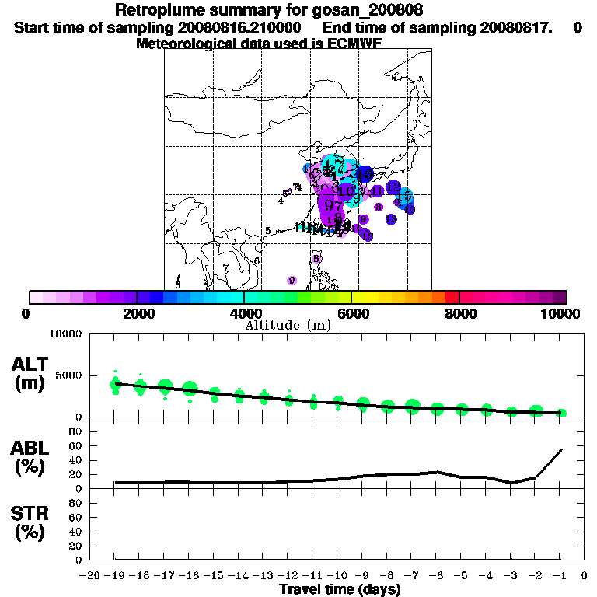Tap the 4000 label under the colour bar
(x=244, y=313)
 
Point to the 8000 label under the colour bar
(x=459, y=313)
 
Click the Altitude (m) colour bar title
(x=288, y=324)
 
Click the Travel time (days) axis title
(x=340, y=589)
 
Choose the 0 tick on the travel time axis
(x=584, y=575)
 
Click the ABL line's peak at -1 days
(x=560, y=449)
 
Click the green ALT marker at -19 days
(x=116, y=382)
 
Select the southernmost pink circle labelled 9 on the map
(x=292, y=281)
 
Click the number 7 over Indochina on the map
(x=225, y=268)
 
